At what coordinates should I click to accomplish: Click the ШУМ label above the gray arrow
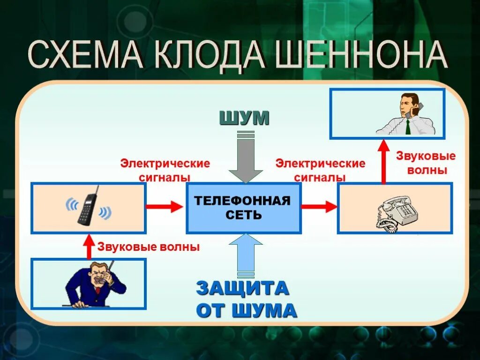245,119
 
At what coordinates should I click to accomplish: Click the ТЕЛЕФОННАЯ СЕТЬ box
243,208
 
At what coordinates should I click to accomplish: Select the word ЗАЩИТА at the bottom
242,288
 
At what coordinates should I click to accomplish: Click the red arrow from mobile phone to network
164,206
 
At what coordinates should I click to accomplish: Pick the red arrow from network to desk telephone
319,206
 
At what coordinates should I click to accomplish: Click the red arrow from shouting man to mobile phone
88,247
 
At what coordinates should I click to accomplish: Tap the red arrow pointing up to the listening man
383,162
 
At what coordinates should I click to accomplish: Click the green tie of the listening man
408,127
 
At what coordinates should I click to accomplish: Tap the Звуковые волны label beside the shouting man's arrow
148,247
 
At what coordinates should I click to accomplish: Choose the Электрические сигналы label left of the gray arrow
165,171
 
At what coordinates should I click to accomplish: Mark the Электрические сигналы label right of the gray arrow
320,171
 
